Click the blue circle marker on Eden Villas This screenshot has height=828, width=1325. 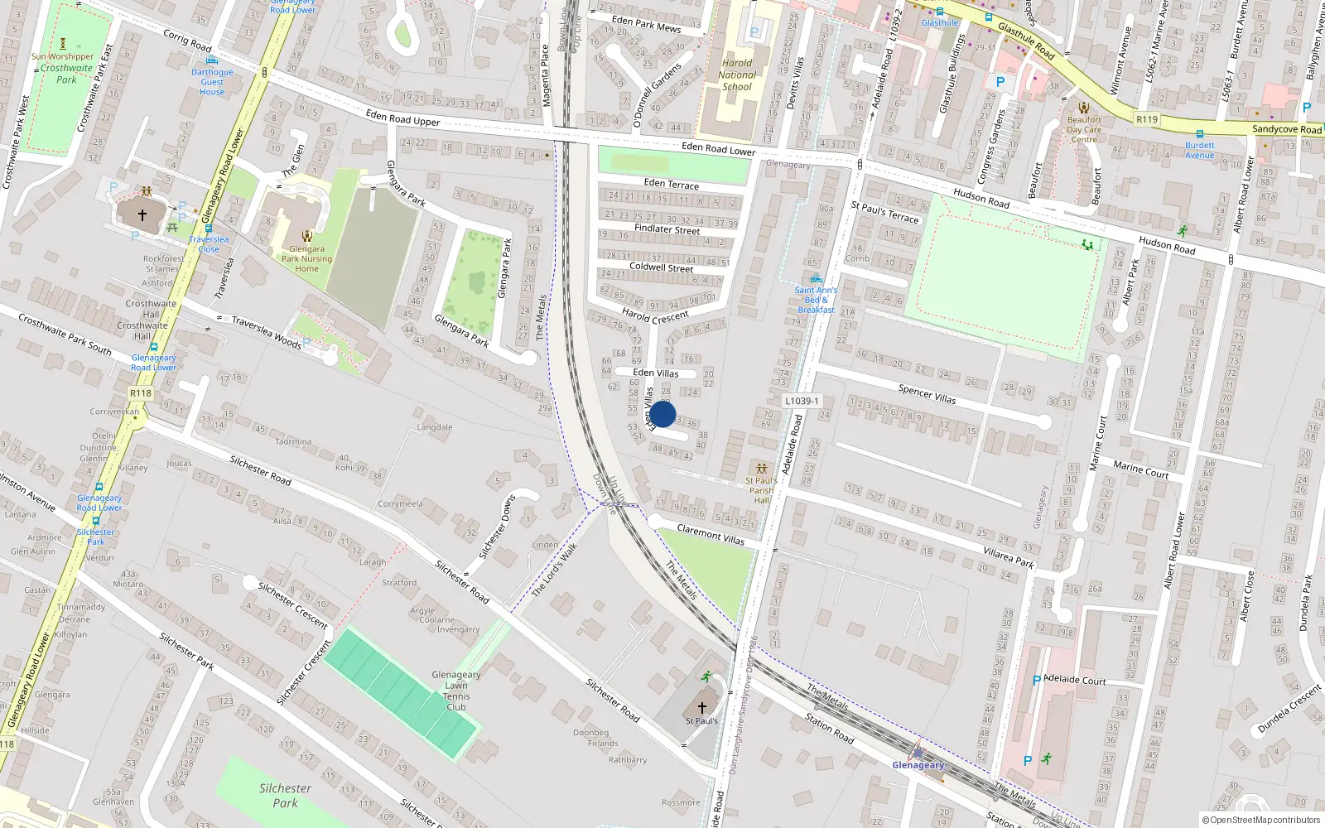point(662,414)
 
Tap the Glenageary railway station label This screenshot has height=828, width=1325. point(918,765)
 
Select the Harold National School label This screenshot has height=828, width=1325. point(737,75)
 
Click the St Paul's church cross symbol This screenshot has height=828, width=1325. point(702,708)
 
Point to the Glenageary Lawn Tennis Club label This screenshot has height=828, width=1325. point(456,691)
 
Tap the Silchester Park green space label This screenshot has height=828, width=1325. point(285,796)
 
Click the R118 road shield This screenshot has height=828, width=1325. point(141,394)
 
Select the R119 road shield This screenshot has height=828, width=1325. point(1147,119)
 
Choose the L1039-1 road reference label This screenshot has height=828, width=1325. point(802,401)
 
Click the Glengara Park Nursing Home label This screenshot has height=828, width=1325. point(306,258)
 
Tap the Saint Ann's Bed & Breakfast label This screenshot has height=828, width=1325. point(816,300)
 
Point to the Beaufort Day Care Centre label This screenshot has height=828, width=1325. point(1084,129)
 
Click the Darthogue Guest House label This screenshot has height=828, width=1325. point(212,82)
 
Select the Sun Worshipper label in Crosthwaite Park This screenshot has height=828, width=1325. point(63,57)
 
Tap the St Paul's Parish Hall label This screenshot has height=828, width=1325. point(762,490)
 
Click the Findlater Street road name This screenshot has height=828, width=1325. point(667,229)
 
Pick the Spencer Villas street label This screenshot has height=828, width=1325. point(927,394)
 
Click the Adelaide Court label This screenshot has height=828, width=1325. point(1075,680)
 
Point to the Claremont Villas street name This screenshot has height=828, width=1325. point(711,535)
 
